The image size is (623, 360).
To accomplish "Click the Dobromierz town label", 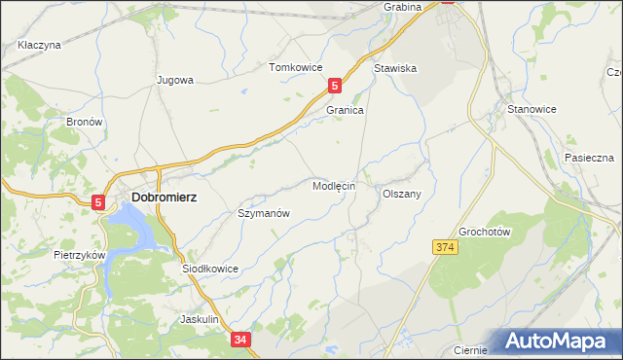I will (x=163, y=198).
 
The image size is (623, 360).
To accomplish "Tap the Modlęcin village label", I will (x=335, y=185).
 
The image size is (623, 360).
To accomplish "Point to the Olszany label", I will (x=401, y=194).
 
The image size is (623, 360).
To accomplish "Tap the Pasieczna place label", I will (x=588, y=158).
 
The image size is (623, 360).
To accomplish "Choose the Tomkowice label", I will (x=295, y=67).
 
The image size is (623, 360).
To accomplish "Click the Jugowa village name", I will (x=175, y=81).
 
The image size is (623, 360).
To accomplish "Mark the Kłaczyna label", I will (x=40, y=45).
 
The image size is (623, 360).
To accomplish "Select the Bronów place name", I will (x=84, y=123).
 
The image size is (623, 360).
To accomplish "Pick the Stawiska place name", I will (x=395, y=68).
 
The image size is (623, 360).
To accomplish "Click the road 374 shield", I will (x=445, y=248).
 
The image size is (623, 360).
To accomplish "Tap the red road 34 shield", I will (x=241, y=340).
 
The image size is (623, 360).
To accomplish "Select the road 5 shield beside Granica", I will (x=335, y=86).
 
